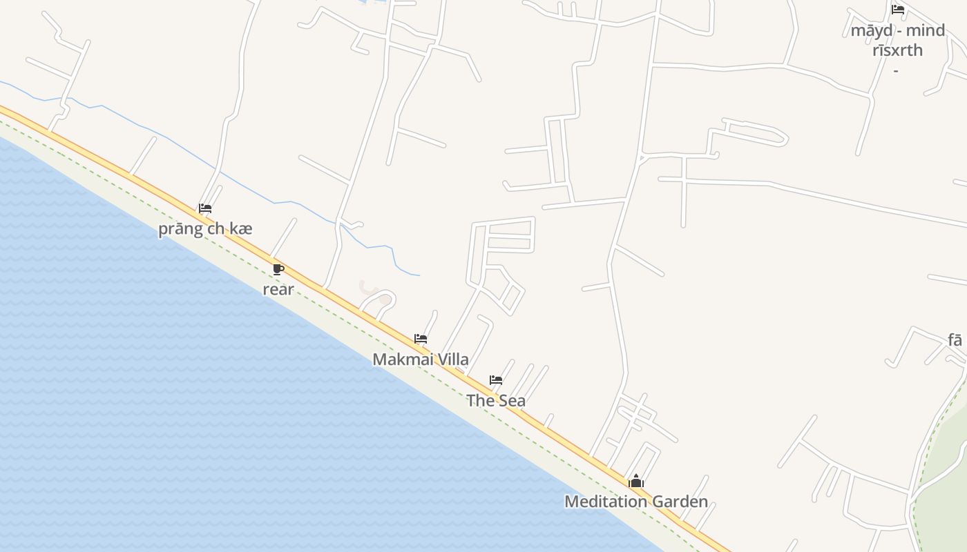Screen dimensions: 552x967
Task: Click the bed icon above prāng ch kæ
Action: pos(205,208)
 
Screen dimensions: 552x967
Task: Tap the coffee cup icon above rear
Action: pos(278,269)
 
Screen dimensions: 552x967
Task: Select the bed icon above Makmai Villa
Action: pos(421,339)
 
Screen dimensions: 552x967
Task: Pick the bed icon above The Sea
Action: pos(496,380)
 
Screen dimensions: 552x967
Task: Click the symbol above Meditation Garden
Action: pos(636,481)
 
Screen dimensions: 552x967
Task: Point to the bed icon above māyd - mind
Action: pos(898,10)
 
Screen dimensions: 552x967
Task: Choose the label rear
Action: pos(278,290)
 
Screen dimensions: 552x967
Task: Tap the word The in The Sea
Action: pos(480,401)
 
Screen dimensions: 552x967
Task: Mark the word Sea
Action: pos(512,401)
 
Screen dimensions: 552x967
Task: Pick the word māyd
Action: pos(871,31)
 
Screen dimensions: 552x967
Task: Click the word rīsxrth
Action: pos(897,50)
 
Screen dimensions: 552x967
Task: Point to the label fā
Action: pos(955,340)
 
